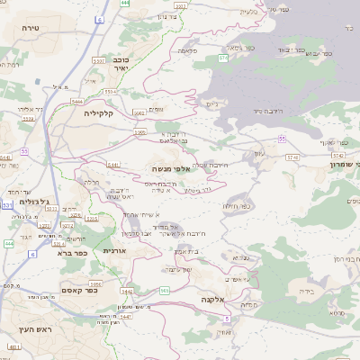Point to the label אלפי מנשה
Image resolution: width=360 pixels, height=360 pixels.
pyautogui.click(x=170, y=168)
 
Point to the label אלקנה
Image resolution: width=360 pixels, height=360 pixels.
pyautogui.click(x=212, y=299)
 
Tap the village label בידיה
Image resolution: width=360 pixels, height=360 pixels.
pyautogui.click(x=308, y=292)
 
